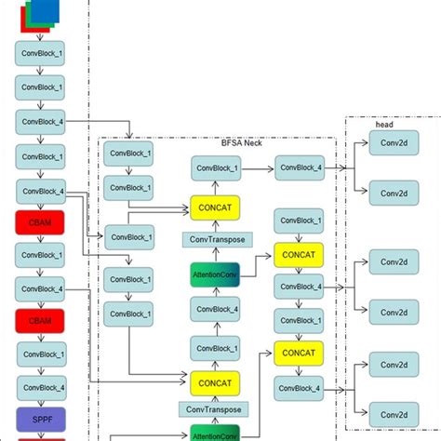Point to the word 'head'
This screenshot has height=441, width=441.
point(384,124)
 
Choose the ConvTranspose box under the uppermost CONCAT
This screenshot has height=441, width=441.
point(216,240)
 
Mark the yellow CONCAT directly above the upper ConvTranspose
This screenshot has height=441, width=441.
point(216,206)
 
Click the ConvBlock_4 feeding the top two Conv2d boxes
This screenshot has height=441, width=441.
point(298,168)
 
